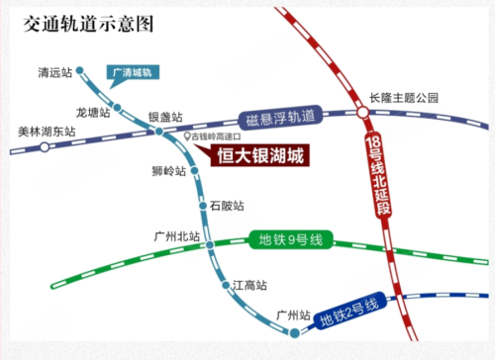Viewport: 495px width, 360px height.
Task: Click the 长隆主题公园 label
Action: pyautogui.click(x=403, y=98)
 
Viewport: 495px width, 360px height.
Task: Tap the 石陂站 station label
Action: pyautogui.click(x=227, y=206)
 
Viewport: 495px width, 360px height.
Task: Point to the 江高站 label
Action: pyautogui.click(x=248, y=286)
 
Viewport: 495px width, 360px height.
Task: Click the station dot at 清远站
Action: pyautogui.click(x=80, y=71)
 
